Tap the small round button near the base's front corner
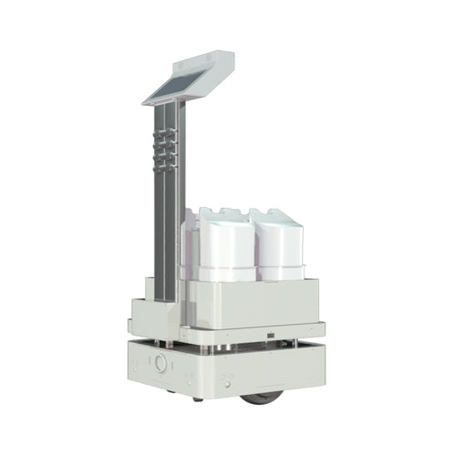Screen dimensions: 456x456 [161, 362]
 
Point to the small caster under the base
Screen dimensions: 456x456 [197, 398]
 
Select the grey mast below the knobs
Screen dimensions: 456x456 [164, 228]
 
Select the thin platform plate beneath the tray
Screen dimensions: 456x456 [255, 329]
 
